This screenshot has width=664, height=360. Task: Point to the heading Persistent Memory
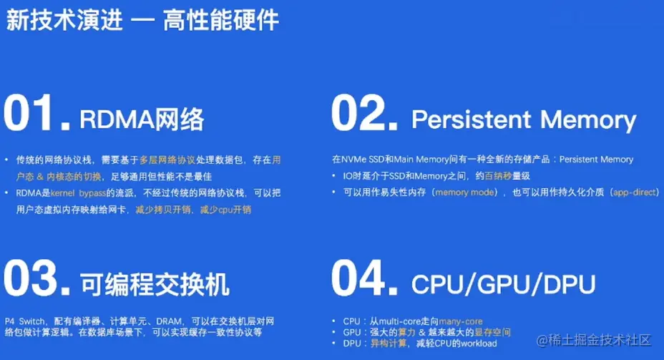524,120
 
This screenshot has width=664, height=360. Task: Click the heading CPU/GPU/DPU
503,284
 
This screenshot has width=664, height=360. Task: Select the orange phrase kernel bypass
77,193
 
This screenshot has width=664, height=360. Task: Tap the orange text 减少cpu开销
225,210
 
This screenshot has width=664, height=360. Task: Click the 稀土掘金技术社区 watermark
600,339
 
